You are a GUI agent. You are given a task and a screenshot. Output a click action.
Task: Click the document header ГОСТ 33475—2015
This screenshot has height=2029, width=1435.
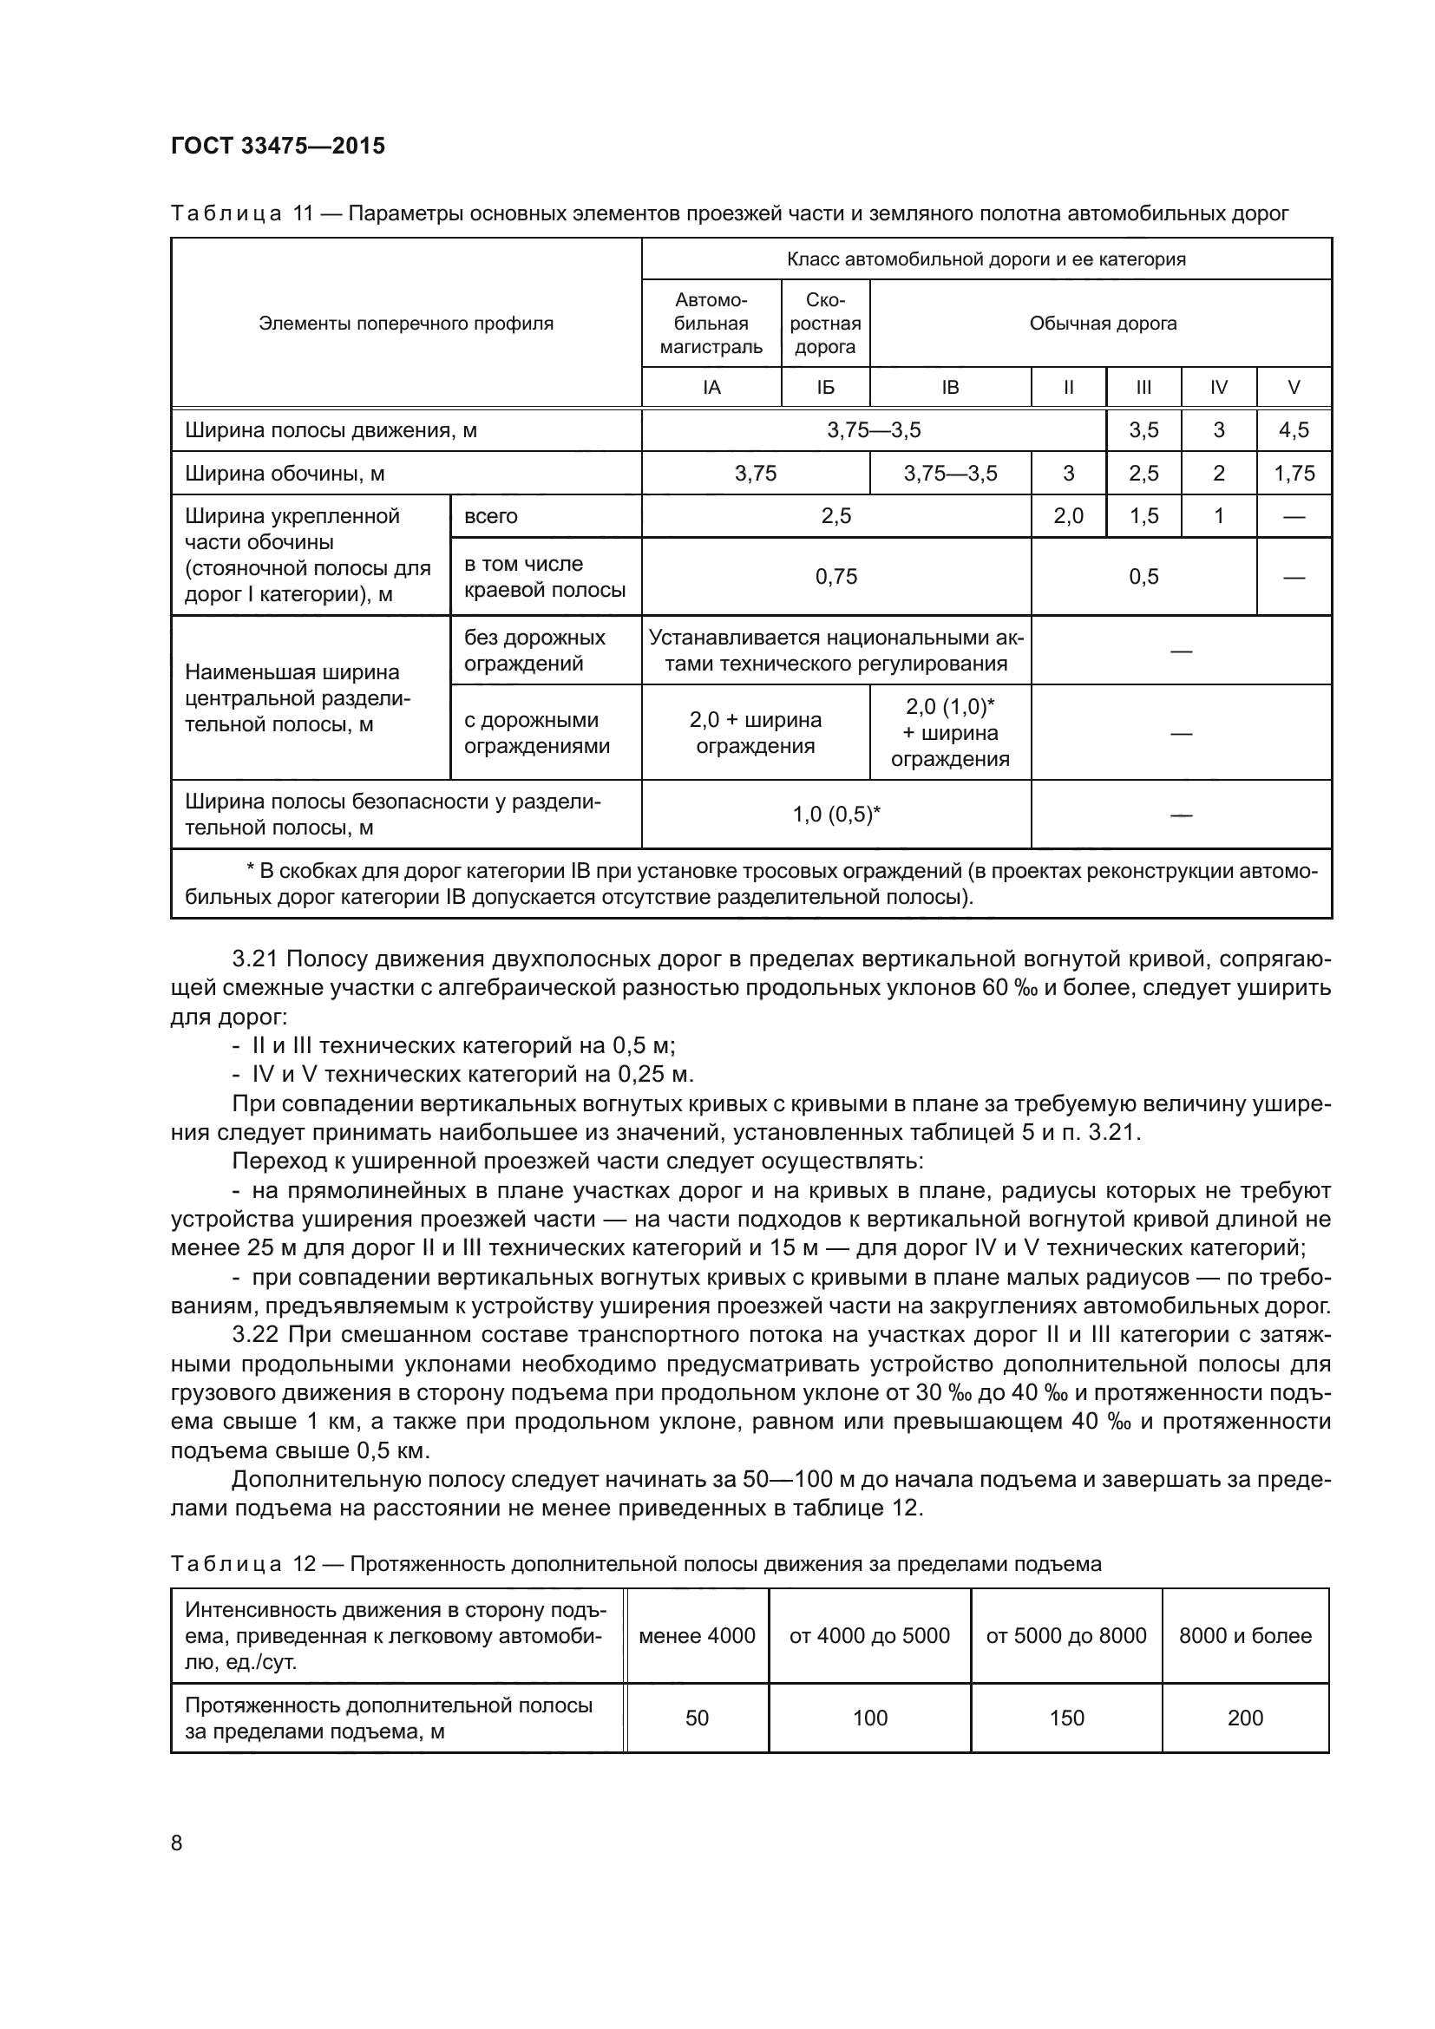pyautogui.click(x=278, y=147)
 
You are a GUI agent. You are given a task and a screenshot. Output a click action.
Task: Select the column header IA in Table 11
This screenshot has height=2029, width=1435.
pyautogui.click(x=711, y=387)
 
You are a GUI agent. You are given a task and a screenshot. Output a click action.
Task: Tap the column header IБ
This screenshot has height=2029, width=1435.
pyautogui.click(x=824, y=387)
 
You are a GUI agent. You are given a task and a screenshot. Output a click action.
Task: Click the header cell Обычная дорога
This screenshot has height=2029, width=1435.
pyautogui.click(x=1102, y=324)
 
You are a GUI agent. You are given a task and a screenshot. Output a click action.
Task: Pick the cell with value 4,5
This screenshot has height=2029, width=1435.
pyautogui.click(x=1294, y=430)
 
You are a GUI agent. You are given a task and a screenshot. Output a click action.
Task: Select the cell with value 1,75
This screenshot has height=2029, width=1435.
pyautogui.click(x=1294, y=474)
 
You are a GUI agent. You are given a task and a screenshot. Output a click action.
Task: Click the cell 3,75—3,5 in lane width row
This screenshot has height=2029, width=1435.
pyautogui.click(x=873, y=430)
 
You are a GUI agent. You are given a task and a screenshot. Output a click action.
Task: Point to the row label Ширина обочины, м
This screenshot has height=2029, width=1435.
pyautogui.click(x=285, y=474)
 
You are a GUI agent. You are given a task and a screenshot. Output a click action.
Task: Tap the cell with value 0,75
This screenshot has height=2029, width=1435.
pyautogui.click(x=835, y=577)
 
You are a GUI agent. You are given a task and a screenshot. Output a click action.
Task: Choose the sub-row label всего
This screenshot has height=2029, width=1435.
pyautogui.click(x=490, y=516)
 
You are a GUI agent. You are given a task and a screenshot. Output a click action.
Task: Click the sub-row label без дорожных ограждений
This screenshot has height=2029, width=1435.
pyautogui.click(x=534, y=651)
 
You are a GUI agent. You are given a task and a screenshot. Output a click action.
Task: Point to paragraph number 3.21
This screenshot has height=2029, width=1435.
pyautogui.click(x=255, y=959)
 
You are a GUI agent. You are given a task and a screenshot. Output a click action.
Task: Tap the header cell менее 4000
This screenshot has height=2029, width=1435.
pyautogui.click(x=697, y=1636)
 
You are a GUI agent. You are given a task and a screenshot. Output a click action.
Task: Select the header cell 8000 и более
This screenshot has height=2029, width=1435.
pyautogui.click(x=1244, y=1636)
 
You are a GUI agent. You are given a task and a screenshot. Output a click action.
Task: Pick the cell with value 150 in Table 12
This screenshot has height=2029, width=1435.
pyautogui.click(x=1065, y=1718)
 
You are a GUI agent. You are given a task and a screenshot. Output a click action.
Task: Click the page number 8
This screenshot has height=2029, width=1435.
pyautogui.click(x=177, y=1843)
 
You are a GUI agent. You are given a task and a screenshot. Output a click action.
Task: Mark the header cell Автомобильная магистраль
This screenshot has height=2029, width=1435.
pyautogui.click(x=711, y=324)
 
